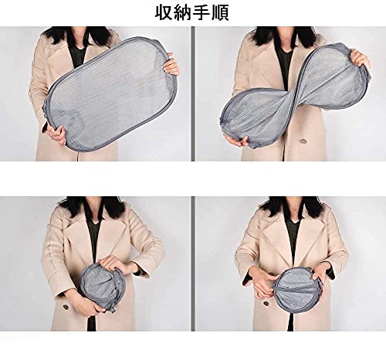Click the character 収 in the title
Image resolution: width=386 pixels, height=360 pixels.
click(164, 12)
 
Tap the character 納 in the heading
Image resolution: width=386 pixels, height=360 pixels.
click(182, 12)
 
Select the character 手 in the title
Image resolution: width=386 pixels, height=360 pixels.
click(201, 12)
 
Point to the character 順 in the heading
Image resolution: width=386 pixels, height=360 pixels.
click(219, 12)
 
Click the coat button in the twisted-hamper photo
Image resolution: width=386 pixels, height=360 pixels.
click(304, 141)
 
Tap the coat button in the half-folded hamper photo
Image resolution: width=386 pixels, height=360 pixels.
click(66, 308)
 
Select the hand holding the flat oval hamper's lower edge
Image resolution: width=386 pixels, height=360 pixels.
click(58, 134)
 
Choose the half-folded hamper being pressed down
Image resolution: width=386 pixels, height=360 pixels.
click(103, 287)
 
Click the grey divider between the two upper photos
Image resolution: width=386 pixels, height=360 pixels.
click(193, 93)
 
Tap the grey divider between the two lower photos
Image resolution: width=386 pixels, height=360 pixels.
click(193, 263)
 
